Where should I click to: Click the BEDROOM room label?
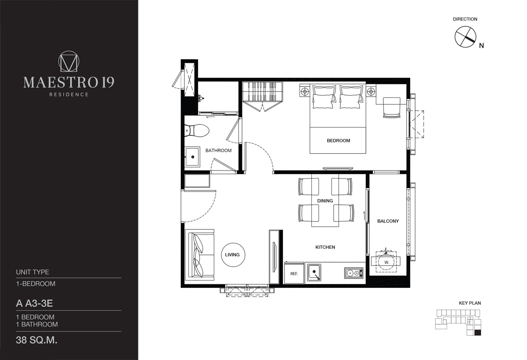[x=338, y=141]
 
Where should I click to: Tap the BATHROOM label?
[x=218, y=150]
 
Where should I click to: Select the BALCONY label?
[x=388, y=221]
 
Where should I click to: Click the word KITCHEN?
[x=325, y=247]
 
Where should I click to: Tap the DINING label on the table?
[x=325, y=201]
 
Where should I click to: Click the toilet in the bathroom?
[x=197, y=131]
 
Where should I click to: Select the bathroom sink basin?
[x=192, y=157]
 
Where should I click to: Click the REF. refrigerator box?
[x=294, y=273]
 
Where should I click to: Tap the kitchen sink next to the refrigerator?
[x=314, y=273]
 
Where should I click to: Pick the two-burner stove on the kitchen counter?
[x=354, y=273]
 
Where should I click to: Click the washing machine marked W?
[x=386, y=262]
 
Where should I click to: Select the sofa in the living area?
[x=199, y=255]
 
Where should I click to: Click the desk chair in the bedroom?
[x=391, y=108]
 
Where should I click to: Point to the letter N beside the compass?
[x=482, y=46]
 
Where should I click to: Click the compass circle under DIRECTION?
[x=465, y=37]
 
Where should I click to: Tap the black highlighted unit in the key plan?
[x=478, y=333]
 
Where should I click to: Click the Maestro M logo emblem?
[x=69, y=61]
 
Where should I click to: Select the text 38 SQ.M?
[x=37, y=340]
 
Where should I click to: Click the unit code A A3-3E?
[x=34, y=303]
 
